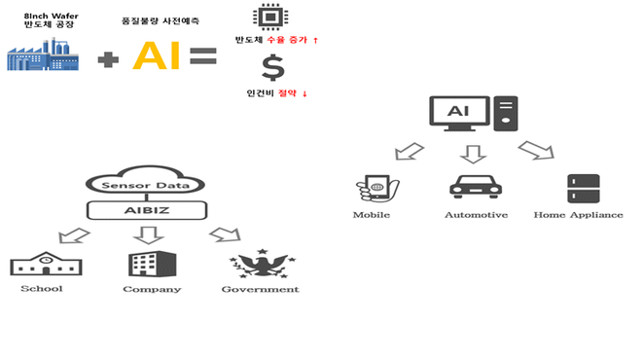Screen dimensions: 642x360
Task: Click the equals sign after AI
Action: coord(202,56)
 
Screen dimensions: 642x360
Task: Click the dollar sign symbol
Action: coord(273,69)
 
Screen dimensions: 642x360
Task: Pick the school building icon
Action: coord(41,264)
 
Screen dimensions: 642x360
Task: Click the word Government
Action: coord(260,289)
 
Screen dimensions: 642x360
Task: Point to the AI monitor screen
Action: coord(457,113)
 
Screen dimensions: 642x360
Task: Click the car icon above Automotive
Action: coord(475,187)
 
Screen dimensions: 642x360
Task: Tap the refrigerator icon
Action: coord(584,188)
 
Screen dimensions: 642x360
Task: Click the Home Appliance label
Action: coord(578,214)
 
